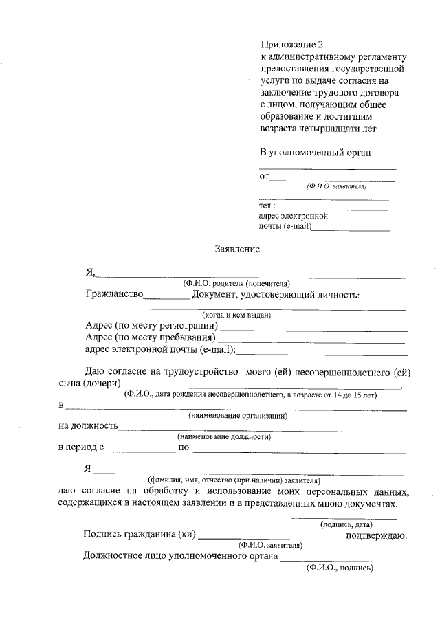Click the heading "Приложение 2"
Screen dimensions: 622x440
point(291,45)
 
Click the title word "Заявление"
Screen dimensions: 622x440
point(237,249)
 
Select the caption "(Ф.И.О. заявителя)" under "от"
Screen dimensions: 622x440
point(337,186)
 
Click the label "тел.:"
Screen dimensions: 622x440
point(267,205)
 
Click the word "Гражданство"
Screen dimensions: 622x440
point(114,295)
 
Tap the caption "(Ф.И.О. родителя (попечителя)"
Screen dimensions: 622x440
point(236,283)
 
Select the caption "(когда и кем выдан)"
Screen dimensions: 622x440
point(232,315)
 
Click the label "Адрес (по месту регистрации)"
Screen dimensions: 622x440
point(151,325)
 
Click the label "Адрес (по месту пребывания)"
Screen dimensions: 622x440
point(151,337)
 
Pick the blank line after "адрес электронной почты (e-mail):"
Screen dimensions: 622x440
point(322,351)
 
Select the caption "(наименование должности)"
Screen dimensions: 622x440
point(224,436)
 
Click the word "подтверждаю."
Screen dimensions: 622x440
point(377,535)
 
